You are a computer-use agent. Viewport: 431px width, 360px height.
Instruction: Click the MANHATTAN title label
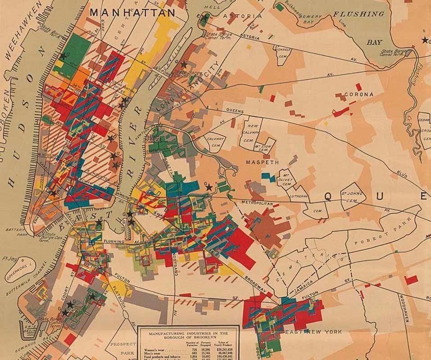click(x=132, y=12)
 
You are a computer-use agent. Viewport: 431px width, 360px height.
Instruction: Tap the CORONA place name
click(x=359, y=94)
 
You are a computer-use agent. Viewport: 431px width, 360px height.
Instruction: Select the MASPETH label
click(x=263, y=162)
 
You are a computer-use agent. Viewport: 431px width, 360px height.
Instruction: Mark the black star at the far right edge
click(x=425, y=40)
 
